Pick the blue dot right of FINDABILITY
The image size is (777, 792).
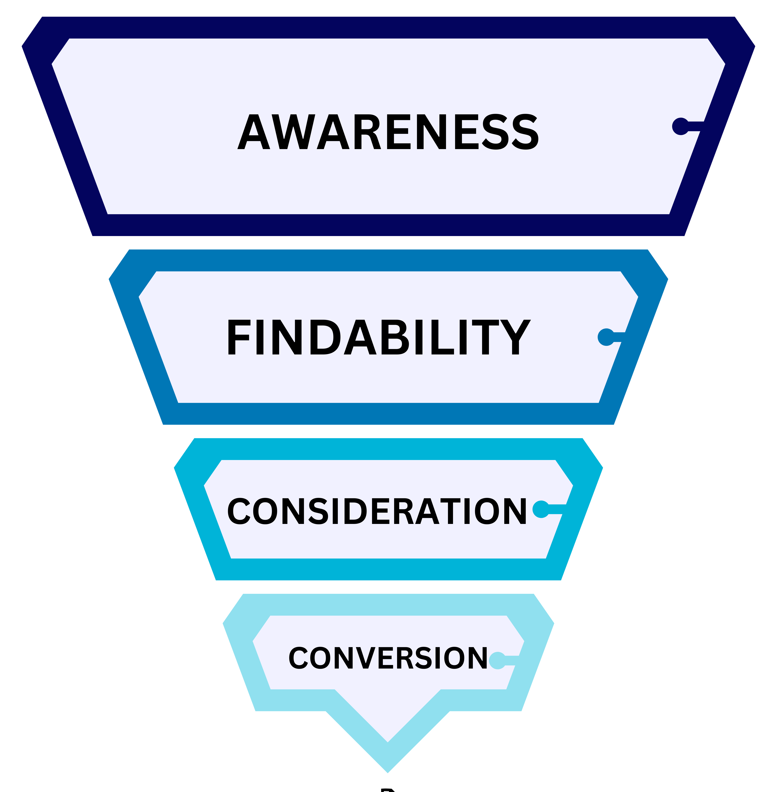point(606,337)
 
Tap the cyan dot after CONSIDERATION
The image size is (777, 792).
point(541,509)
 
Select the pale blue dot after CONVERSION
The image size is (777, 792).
point(497,660)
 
